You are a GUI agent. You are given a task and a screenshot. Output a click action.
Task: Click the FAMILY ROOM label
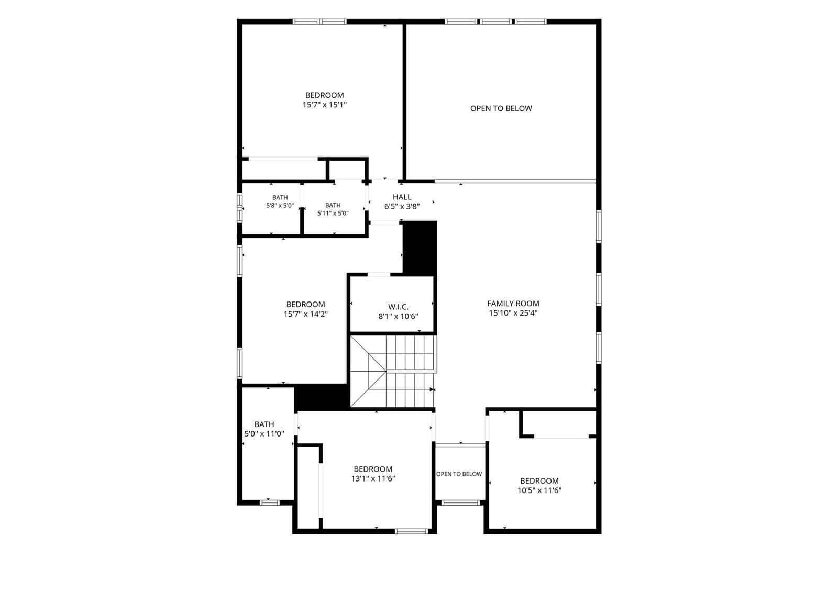513,304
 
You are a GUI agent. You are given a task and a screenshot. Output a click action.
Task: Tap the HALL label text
402,197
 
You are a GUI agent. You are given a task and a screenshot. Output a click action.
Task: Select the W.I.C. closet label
398,307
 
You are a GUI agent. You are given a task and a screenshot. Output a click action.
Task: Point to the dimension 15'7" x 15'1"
324,105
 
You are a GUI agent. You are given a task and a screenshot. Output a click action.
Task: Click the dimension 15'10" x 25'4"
513,313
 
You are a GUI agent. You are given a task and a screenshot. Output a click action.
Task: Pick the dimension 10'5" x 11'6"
539,490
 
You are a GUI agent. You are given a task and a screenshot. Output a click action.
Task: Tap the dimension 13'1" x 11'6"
373,478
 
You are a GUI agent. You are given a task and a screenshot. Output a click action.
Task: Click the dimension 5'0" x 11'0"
264,434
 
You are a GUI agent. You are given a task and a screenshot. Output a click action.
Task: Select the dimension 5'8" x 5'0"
280,205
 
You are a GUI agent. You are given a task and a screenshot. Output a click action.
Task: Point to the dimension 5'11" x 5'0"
333,213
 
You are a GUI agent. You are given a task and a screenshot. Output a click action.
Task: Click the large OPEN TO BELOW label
501,108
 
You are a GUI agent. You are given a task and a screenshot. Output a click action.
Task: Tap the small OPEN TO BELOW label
459,474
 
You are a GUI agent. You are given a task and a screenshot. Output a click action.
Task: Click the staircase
393,371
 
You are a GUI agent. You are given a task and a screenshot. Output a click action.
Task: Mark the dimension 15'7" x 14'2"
306,314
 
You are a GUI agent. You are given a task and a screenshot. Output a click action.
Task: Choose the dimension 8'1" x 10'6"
398,316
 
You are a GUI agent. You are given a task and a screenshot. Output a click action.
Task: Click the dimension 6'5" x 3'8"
402,206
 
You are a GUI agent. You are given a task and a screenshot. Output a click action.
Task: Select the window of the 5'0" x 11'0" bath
269,502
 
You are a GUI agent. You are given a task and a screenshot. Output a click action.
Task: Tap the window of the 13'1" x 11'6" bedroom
411,531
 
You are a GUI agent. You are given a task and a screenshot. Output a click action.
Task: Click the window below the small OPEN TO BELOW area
460,502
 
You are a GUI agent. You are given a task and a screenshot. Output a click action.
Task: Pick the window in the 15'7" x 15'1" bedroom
319,21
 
